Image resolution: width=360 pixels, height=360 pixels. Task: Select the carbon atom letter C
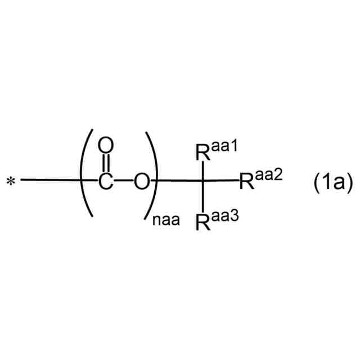click(x=105, y=181)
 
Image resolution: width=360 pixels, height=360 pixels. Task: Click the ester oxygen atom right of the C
click(x=142, y=181)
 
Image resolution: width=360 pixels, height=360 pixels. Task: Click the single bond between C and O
click(x=124, y=181)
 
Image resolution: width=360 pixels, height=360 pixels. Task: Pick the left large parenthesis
click(x=85, y=173)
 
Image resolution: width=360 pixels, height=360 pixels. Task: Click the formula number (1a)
click(x=332, y=181)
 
